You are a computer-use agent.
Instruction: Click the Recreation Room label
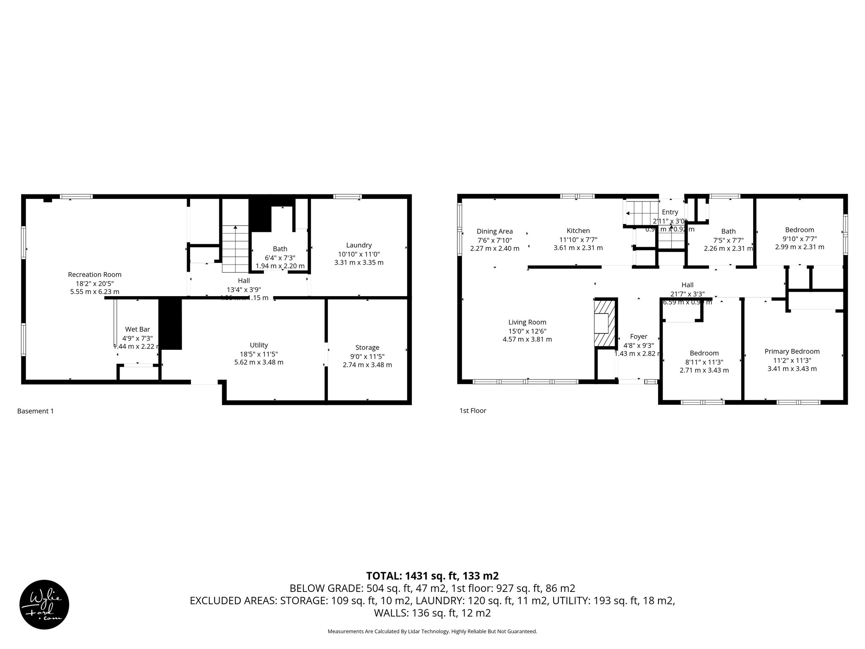[95, 275]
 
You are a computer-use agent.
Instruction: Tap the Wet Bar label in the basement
[137, 329]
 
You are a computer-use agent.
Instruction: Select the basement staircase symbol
[235, 249]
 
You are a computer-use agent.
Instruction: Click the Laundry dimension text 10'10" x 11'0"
[359, 254]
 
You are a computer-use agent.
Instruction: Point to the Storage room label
[367, 347]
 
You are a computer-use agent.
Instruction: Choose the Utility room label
[258, 345]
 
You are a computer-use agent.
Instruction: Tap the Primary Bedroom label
[792, 351]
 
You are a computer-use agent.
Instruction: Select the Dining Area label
[495, 231]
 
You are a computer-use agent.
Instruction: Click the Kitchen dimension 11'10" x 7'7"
[578, 240]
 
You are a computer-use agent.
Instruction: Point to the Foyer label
[638, 336]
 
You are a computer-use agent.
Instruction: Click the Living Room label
[527, 322]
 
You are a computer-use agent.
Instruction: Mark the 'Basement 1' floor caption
[35, 411]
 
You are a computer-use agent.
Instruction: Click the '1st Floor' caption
[473, 410]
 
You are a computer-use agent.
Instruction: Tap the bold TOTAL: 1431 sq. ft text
[432, 575]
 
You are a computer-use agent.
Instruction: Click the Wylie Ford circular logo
[44, 604]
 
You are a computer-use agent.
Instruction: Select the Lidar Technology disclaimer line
[432, 631]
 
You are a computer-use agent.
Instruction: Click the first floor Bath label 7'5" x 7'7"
[728, 231]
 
